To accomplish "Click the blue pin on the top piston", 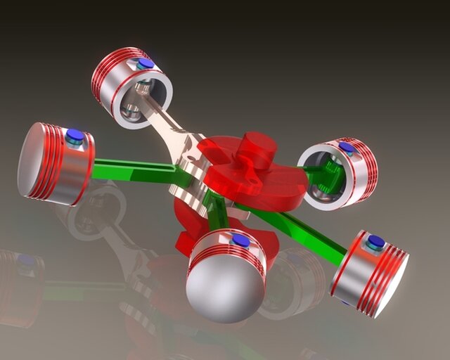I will point(146,64).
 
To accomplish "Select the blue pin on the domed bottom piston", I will point(240,241).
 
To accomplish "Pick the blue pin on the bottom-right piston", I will point(375,243).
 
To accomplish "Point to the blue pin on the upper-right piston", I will point(347,148).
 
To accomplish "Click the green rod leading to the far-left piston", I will point(134,169).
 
